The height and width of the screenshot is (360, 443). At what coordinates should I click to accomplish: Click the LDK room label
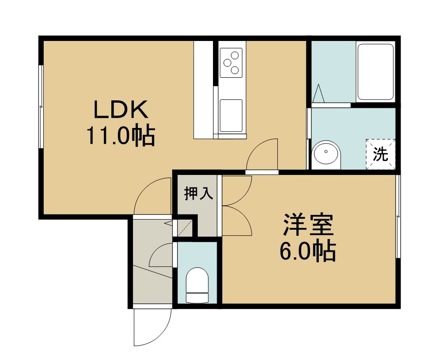click(x=121, y=110)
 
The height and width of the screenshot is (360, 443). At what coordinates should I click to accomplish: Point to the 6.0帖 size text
click(x=308, y=250)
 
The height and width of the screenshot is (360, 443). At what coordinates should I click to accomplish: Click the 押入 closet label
click(x=198, y=194)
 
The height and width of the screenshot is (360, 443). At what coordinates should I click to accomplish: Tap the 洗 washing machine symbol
click(x=380, y=154)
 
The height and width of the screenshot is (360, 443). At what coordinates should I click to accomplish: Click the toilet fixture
click(x=197, y=285)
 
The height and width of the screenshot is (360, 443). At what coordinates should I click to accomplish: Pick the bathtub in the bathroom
click(x=375, y=72)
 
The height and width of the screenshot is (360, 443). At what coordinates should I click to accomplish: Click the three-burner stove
click(x=231, y=63)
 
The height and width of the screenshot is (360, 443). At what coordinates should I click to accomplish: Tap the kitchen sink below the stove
click(x=231, y=116)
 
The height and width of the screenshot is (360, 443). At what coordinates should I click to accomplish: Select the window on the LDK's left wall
click(x=41, y=107)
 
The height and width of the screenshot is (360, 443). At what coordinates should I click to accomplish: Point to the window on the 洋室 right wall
click(x=398, y=216)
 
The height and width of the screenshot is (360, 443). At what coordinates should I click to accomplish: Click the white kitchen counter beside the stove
click(x=203, y=90)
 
